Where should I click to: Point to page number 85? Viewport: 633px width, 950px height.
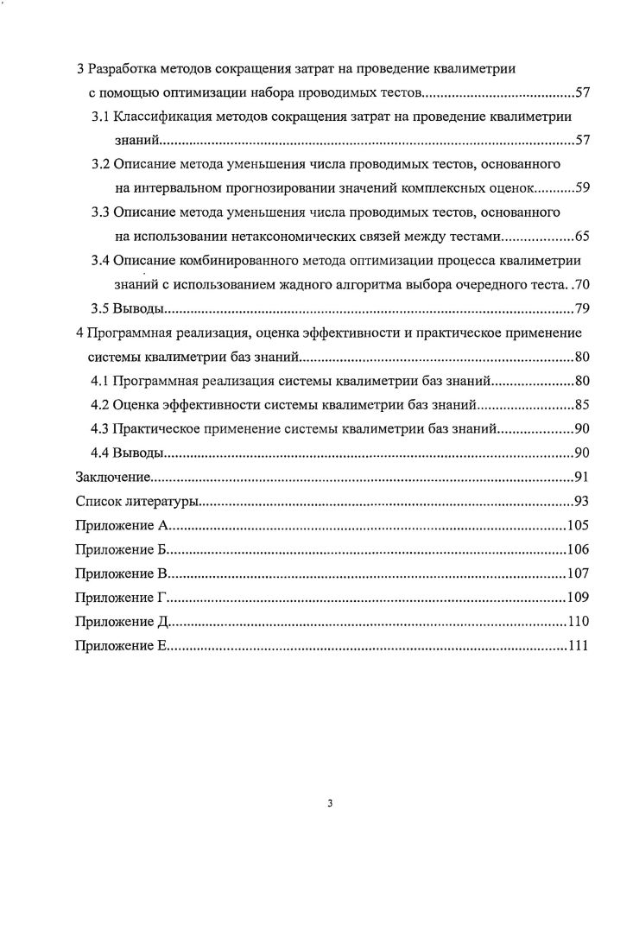(x=581, y=404)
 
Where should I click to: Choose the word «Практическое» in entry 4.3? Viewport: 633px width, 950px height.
(x=155, y=428)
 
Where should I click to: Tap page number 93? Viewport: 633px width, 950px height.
(x=581, y=501)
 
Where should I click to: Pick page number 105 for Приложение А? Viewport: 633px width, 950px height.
(x=578, y=525)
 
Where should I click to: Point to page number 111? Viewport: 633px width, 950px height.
(x=578, y=645)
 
